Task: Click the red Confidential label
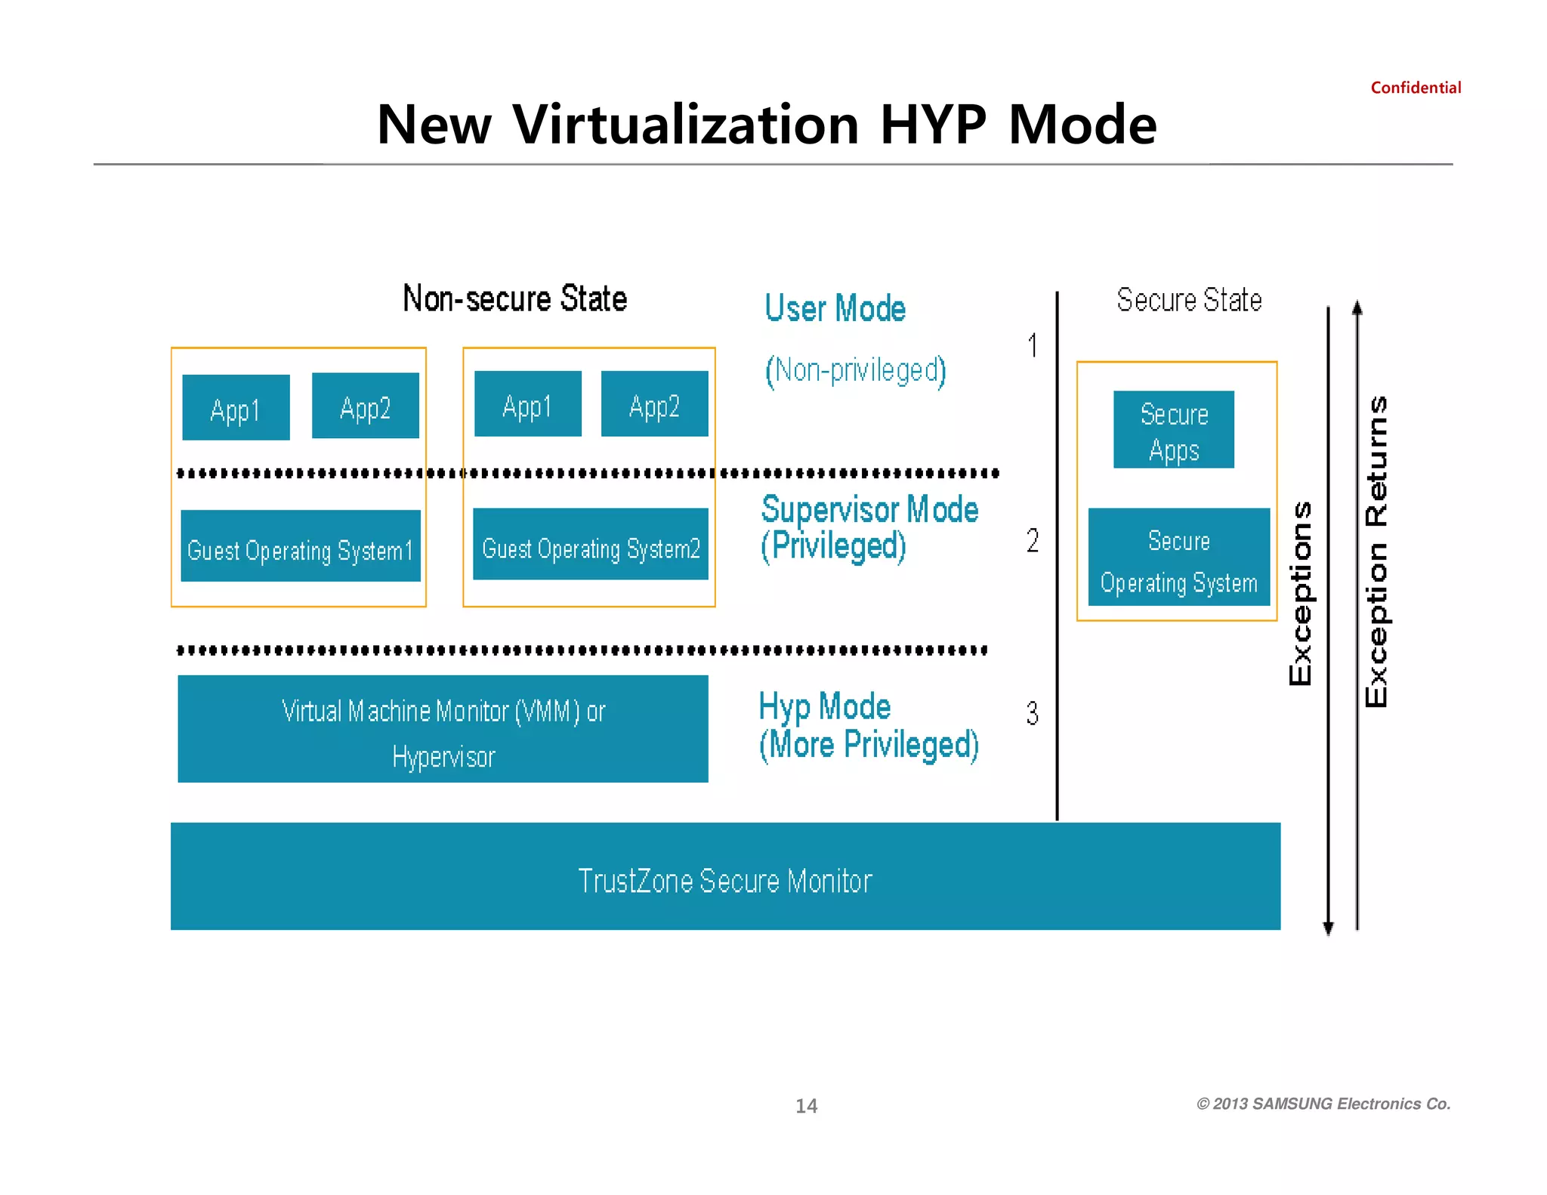click(1416, 88)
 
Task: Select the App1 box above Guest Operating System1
click(236, 408)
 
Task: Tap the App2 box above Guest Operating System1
click(365, 406)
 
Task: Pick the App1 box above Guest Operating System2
click(527, 404)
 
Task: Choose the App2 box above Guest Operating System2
click(654, 404)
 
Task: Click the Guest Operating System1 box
click(301, 546)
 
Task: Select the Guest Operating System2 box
click(591, 545)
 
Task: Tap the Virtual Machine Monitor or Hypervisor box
click(443, 729)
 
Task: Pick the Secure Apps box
click(1174, 430)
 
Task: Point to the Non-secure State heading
click(515, 299)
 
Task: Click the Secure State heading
click(1189, 300)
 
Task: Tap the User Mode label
click(835, 309)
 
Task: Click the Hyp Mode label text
click(825, 707)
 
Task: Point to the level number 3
click(1033, 714)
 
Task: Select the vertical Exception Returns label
click(1376, 551)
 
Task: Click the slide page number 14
click(806, 1106)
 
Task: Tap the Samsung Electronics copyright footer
click(1323, 1104)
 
